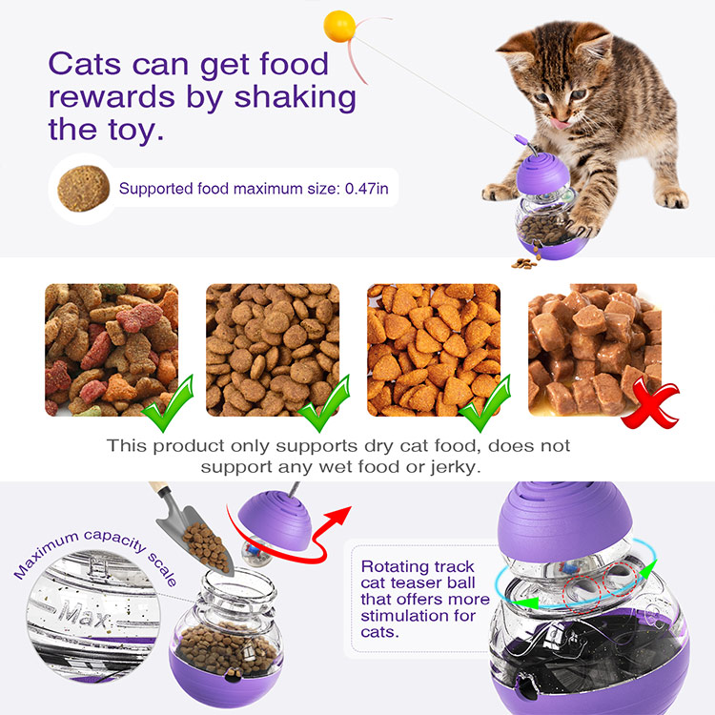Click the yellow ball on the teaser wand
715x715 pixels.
click(x=339, y=27)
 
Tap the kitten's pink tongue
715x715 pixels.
click(x=560, y=122)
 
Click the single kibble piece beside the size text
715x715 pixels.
click(x=84, y=189)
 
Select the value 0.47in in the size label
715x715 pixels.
click(x=367, y=189)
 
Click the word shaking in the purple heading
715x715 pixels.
click(x=295, y=98)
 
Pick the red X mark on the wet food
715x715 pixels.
click(x=650, y=404)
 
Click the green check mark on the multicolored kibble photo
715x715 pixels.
click(x=168, y=404)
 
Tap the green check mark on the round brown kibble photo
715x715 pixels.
click(x=324, y=404)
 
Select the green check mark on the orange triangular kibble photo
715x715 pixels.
click(x=484, y=404)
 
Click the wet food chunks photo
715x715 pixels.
click(x=595, y=350)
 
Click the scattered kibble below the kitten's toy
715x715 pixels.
click(x=524, y=263)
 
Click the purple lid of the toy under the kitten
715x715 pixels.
click(x=542, y=173)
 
